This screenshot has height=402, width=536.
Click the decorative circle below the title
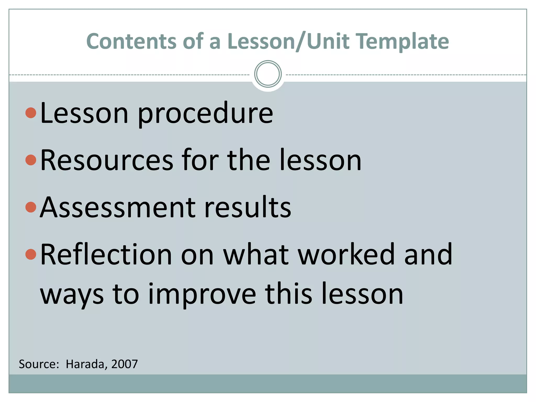[268, 74]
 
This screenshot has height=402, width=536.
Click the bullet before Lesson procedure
[31, 113]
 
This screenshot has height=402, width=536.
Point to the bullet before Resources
[31, 160]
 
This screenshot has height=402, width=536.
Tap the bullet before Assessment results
[31, 207]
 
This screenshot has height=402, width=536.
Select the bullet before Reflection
[31, 254]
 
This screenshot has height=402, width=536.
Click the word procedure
[205, 114]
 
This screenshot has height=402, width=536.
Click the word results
[247, 207]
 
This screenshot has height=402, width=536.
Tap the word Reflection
[106, 254]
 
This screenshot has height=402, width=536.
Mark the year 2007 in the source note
[124, 364]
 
